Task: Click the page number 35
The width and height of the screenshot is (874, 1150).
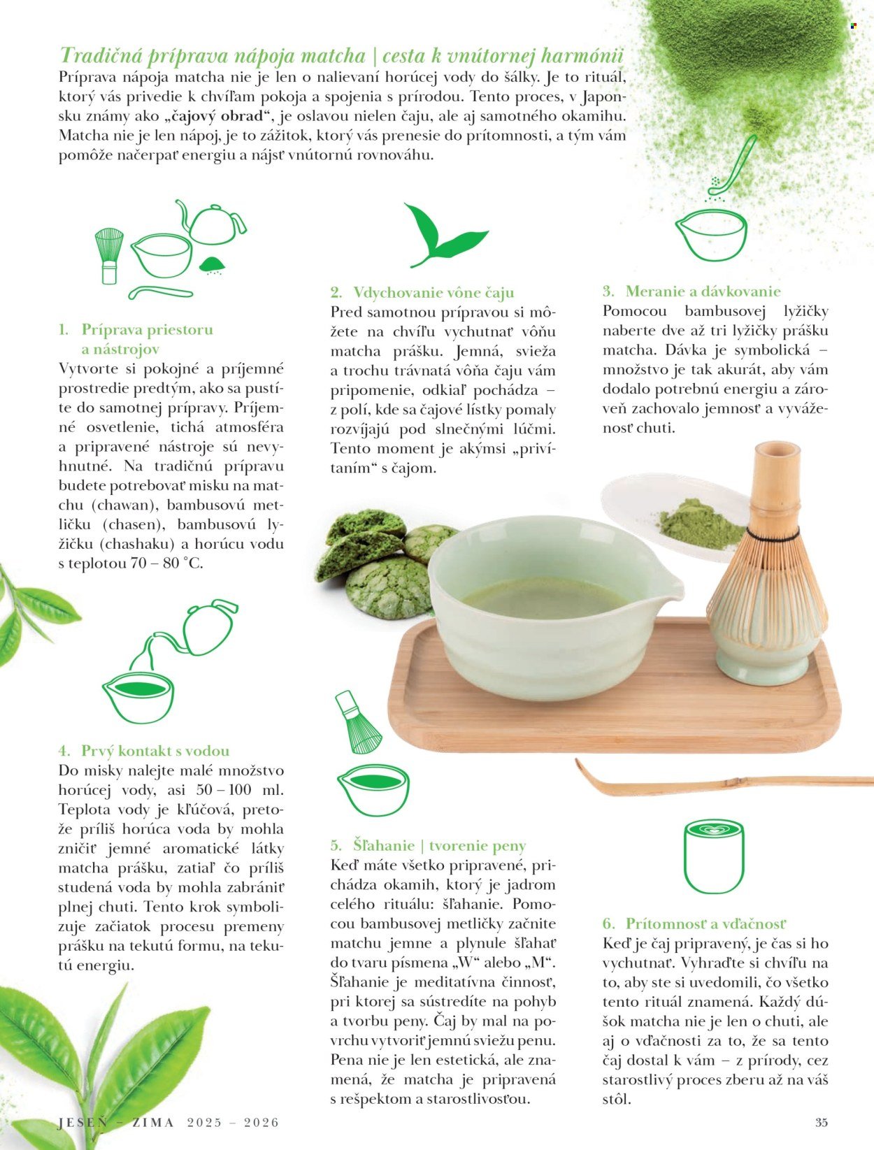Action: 822,1122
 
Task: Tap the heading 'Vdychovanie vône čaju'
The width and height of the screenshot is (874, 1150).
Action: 434,292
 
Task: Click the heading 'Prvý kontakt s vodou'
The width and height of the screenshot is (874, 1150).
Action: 155,751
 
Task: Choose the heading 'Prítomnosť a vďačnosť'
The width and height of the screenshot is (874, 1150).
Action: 705,923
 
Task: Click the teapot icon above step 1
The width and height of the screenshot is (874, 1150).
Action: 211,222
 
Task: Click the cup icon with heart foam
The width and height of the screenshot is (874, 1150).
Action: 714,856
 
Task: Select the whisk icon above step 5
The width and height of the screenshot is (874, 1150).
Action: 358,722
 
